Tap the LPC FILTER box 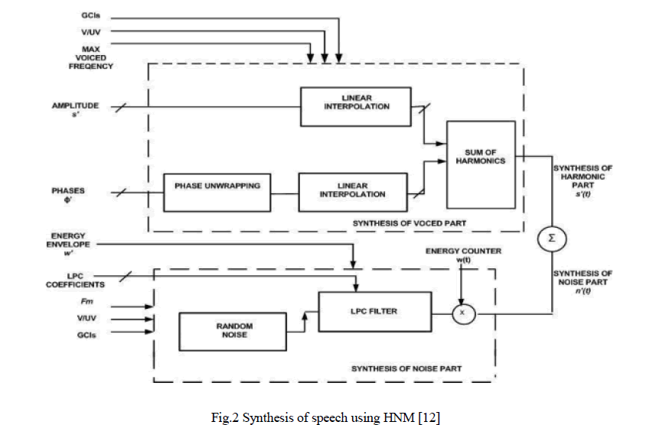tap(369, 311)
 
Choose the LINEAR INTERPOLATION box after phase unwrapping tap(352, 190)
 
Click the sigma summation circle tap(553, 238)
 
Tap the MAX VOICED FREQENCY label tap(91, 57)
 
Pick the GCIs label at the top tap(91, 15)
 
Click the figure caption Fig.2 tap(328, 416)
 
